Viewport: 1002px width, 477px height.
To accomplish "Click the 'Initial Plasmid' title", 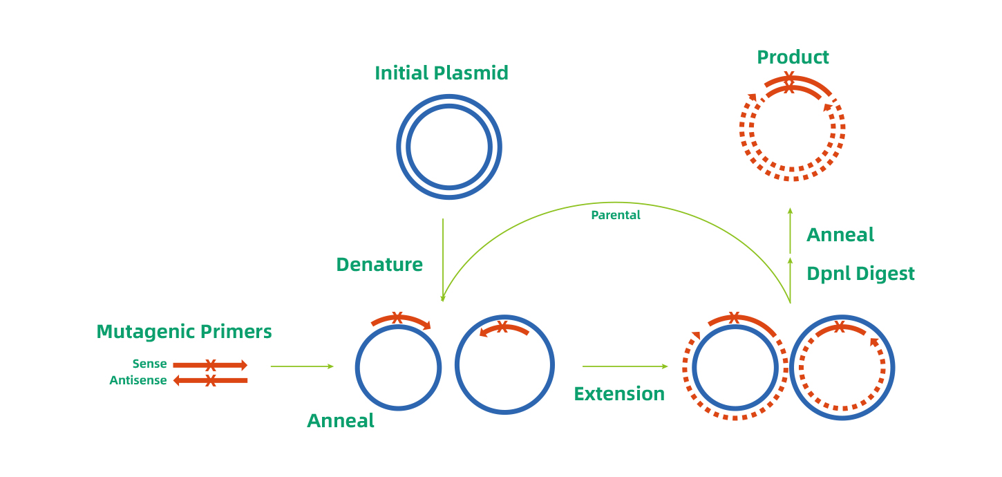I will pos(441,73).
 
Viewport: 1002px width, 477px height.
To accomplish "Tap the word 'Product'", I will pos(793,57).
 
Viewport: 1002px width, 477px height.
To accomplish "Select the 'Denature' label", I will pos(379,265).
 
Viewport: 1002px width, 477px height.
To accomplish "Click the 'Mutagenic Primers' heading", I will pos(184,332).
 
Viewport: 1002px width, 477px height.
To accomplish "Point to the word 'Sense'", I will pos(150,364).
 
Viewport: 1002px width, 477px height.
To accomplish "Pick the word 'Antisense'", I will pos(138,381).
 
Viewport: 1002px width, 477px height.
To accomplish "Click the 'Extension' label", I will pos(619,394).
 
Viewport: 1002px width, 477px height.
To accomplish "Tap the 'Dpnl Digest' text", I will pos(860,274).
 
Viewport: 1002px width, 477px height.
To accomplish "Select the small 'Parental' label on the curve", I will pos(616,215).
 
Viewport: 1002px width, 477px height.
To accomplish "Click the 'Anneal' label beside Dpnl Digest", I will pos(840,235).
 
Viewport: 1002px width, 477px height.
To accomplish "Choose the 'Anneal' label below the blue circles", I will pos(341,421).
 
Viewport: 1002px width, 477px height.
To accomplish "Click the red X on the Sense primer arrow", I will pos(211,365).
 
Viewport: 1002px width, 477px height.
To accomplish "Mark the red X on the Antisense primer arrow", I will pos(211,380).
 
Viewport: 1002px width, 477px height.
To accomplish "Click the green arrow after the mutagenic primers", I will pos(302,366).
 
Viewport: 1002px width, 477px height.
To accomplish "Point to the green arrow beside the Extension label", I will pos(625,366).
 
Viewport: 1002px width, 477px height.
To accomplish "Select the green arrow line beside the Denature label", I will pos(443,259).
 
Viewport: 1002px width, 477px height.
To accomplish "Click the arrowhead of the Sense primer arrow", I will pos(244,365).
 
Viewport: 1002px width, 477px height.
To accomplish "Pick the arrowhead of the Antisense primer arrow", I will pos(176,380).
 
